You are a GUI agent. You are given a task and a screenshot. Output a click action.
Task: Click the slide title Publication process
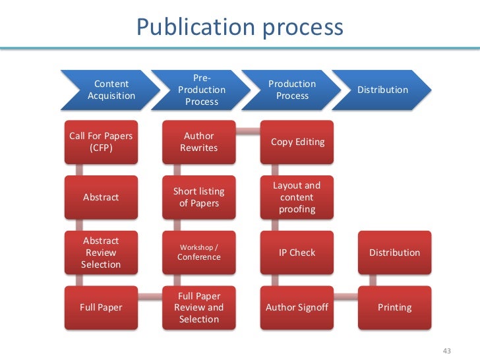pos(239,27)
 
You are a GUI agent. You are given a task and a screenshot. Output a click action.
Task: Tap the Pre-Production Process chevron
pos(201,90)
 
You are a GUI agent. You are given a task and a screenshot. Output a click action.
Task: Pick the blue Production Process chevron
pos(291,90)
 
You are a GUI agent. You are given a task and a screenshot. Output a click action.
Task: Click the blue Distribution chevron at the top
pos(382,90)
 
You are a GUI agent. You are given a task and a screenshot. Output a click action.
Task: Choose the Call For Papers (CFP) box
pos(101,142)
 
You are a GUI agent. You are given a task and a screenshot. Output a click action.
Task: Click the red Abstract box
pos(101,197)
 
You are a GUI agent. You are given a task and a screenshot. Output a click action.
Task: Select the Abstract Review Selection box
pos(101,253)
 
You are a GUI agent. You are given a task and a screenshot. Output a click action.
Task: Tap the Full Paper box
pos(101,307)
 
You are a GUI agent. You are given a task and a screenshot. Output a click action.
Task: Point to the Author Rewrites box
pos(199,142)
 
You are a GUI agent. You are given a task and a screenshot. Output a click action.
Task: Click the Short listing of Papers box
pos(199,197)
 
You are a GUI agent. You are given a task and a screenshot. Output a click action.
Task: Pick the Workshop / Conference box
pos(199,253)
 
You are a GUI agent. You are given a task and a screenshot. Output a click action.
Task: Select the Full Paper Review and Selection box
pos(199,307)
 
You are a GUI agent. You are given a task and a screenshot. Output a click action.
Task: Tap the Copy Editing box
pos(297,142)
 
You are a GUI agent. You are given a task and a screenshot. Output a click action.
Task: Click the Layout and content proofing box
pos(297,197)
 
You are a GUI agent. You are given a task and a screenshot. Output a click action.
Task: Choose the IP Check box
pos(297,253)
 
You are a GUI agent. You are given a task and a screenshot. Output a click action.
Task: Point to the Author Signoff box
pos(297,307)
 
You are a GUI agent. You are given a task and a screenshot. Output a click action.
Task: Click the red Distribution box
pos(394,253)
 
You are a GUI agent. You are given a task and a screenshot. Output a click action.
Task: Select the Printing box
pos(394,307)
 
